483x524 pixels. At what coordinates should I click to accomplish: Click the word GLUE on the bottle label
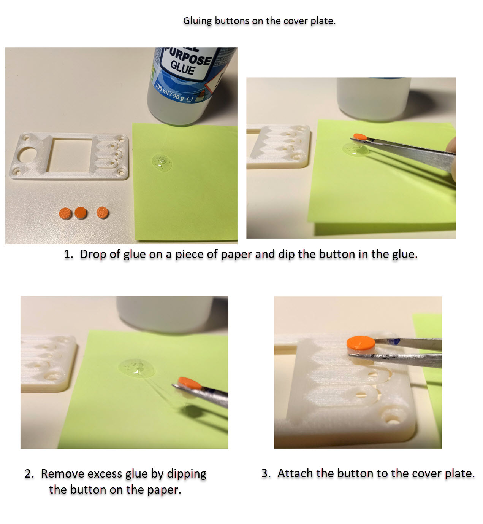pyautogui.click(x=183, y=68)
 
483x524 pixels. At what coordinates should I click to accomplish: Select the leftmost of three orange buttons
pyautogui.click(x=65, y=213)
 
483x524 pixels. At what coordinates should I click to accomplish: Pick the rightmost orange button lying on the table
pyautogui.click(x=102, y=213)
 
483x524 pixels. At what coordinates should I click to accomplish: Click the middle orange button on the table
pyautogui.click(x=81, y=213)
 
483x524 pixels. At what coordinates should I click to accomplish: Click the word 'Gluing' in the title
pyautogui.click(x=197, y=21)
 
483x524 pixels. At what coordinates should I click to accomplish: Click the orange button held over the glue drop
pyautogui.click(x=360, y=137)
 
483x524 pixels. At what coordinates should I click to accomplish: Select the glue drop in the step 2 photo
pyautogui.click(x=136, y=368)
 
